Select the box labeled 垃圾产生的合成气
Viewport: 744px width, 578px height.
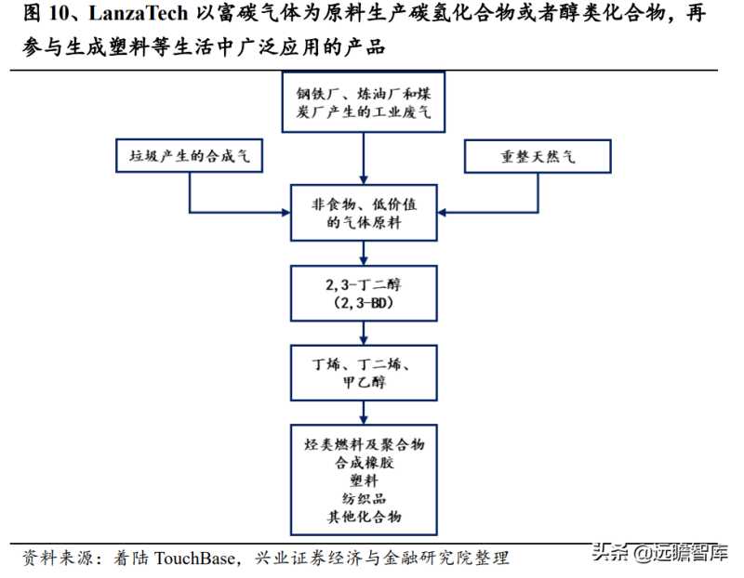point(190,157)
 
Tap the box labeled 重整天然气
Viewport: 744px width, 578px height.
point(538,157)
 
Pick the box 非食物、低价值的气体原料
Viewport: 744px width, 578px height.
point(363,213)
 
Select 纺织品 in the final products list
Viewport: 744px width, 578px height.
point(364,500)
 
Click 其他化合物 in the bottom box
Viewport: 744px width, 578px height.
point(364,517)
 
